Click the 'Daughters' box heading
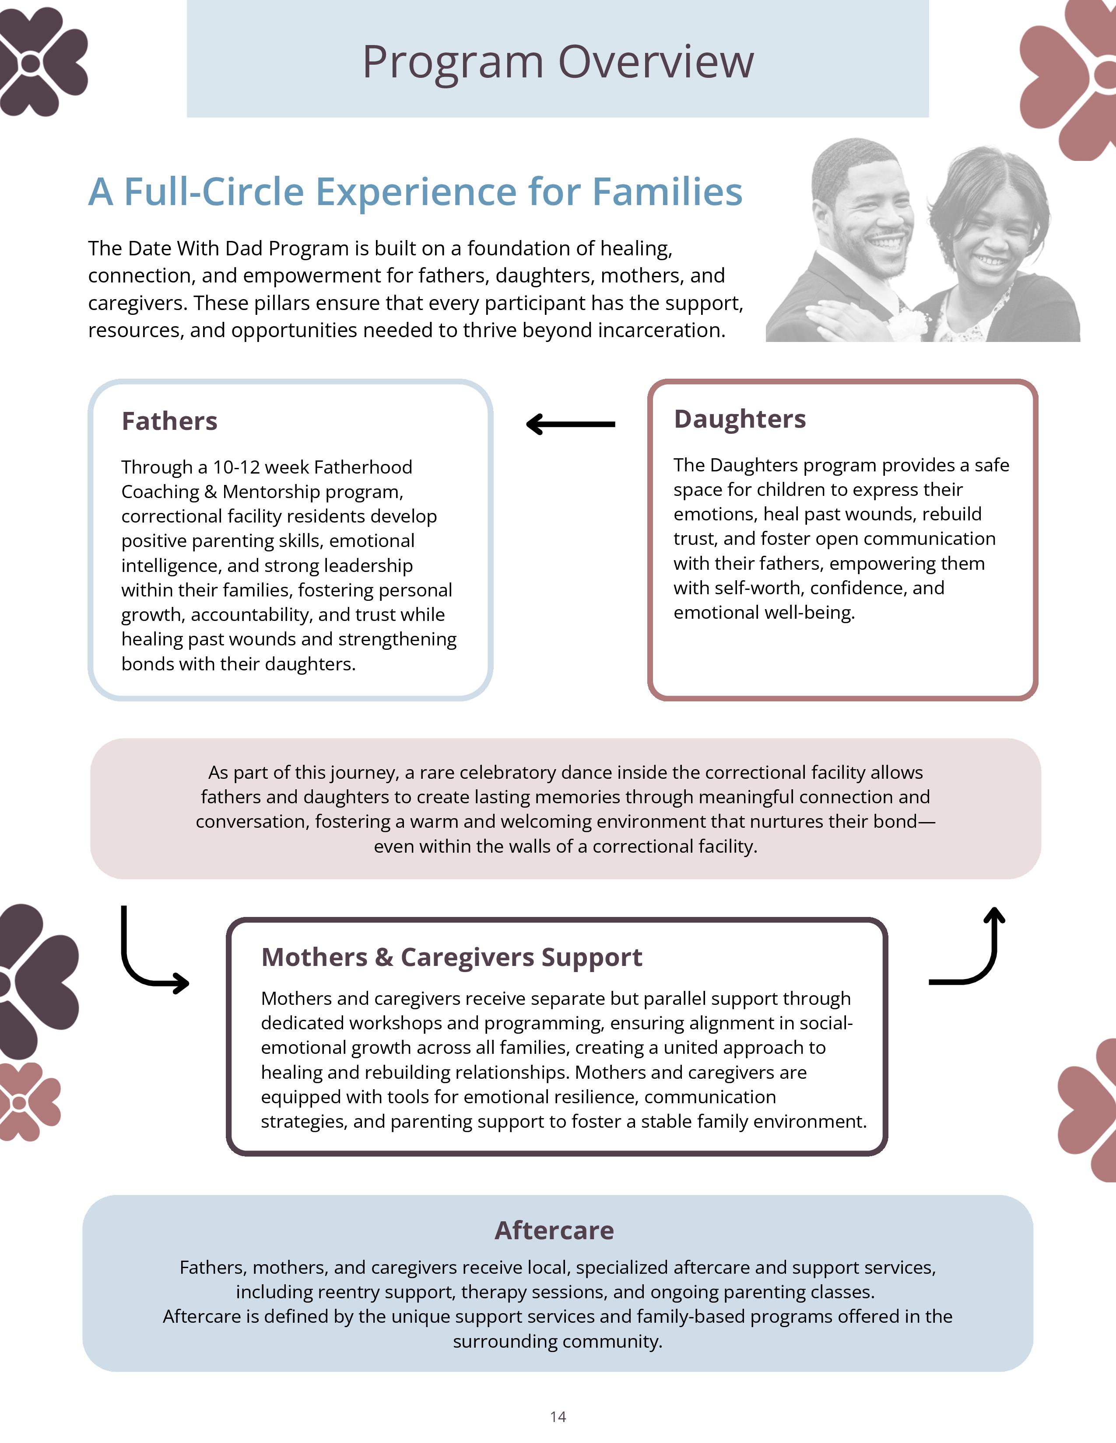739,419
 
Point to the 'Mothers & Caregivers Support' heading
452,957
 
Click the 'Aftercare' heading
554,1230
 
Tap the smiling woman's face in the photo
992,234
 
